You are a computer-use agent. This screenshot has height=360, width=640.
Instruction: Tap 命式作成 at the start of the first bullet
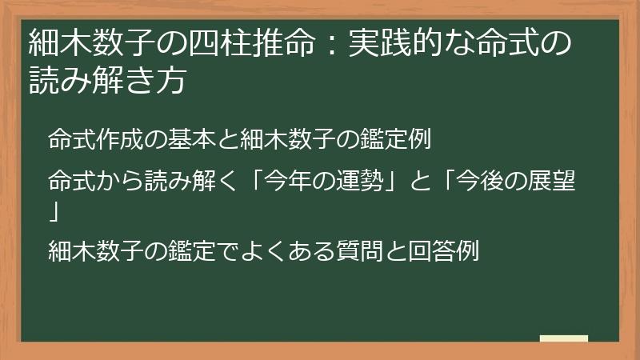(95, 139)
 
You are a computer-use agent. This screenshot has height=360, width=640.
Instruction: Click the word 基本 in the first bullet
(190, 139)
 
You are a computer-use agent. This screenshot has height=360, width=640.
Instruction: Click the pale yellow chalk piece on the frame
(563, 338)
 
